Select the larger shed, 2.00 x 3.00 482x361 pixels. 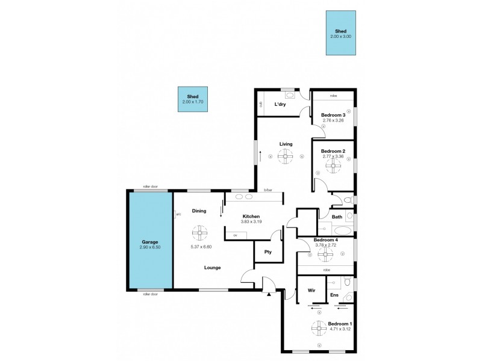click(x=340, y=33)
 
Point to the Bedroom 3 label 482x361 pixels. click(x=333, y=115)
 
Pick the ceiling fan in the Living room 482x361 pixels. click(x=286, y=157)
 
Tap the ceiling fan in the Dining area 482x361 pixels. click(x=199, y=232)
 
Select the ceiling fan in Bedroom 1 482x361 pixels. click(x=319, y=329)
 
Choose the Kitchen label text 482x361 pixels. click(x=251, y=216)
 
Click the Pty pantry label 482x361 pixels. click(x=268, y=252)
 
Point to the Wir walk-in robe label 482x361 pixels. click(x=311, y=289)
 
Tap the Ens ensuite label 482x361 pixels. click(x=333, y=295)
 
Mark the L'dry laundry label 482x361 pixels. click(x=280, y=105)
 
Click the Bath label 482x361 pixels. click(x=337, y=217)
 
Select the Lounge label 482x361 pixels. click(x=212, y=268)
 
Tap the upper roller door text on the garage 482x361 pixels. click(x=150, y=187)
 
